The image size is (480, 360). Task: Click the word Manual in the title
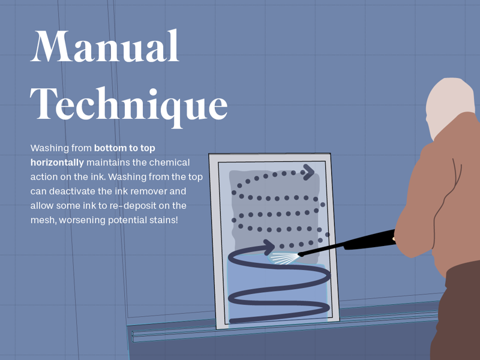[104, 46]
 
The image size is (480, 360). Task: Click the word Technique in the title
[129, 106]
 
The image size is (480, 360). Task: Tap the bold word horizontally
[57, 162]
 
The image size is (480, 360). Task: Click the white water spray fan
[284, 258]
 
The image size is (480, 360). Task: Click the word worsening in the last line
[82, 220]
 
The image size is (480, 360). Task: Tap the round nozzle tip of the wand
[301, 254]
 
